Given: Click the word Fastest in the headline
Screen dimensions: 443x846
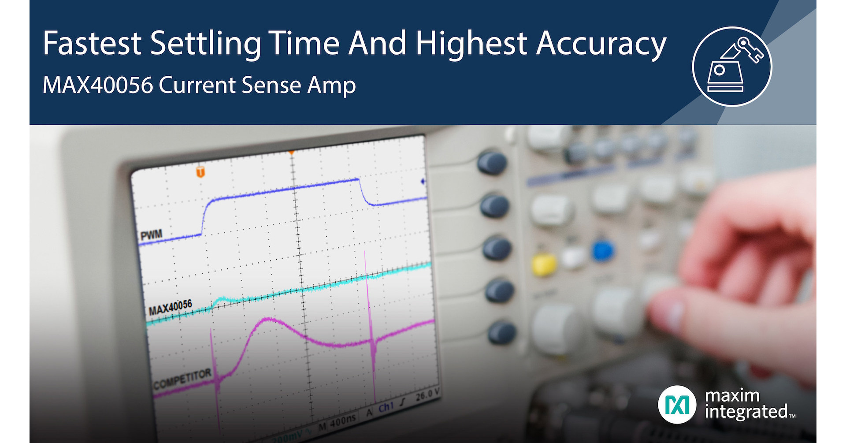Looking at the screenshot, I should coord(92,43).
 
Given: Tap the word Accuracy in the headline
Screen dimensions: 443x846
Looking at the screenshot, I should coord(601,44).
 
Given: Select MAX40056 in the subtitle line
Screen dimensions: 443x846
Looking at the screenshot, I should coord(97,85).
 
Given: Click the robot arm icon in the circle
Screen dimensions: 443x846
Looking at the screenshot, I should coord(732,66).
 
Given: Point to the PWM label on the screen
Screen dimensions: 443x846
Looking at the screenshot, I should coord(151,235).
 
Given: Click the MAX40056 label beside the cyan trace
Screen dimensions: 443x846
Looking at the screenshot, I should coord(170,307).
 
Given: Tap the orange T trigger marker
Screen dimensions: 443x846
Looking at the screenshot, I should coord(200,171).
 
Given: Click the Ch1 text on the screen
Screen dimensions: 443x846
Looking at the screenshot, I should coord(386,407).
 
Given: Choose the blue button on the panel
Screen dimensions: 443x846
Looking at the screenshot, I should coord(603,251).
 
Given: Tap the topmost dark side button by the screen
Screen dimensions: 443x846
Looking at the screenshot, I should coord(492,162).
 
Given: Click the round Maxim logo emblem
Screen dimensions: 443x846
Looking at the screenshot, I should coord(677,404).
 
